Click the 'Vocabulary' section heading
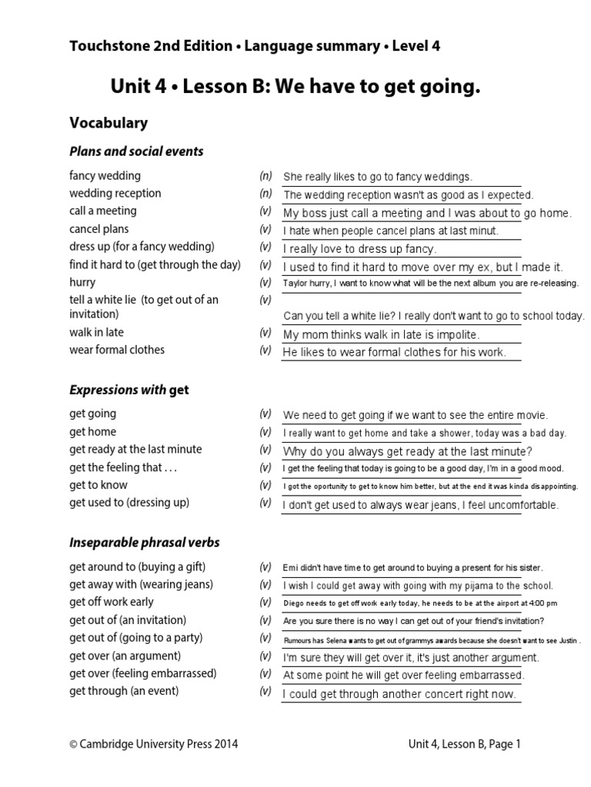pyautogui.click(x=109, y=123)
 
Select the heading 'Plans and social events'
pyautogui.click(x=136, y=151)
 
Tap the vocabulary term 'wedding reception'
pyautogui.click(x=115, y=194)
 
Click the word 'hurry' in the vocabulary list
pyautogui.click(x=83, y=282)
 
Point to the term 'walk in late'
pyautogui.click(x=96, y=333)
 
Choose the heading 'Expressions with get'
pyautogui.click(x=129, y=390)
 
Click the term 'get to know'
pyautogui.click(x=98, y=485)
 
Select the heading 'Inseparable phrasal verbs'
pyautogui.click(x=145, y=543)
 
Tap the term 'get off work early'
pyautogui.click(x=112, y=602)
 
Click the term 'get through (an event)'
pyautogui.click(x=124, y=691)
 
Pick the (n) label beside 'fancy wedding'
pyautogui.click(x=265, y=176)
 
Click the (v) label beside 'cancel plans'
pyautogui.click(x=265, y=229)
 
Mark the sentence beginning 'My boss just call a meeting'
pyautogui.click(x=427, y=213)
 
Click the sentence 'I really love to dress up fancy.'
pyautogui.click(x=359, y=249)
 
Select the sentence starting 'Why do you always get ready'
pyautogui.click(x=408, y=451)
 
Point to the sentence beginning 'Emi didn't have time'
pyautogui.click(x=413, y=568)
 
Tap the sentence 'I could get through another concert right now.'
pyautogui.click(x=399, y=695)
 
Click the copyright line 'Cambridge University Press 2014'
pyautogui.click(x=154, y=743)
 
